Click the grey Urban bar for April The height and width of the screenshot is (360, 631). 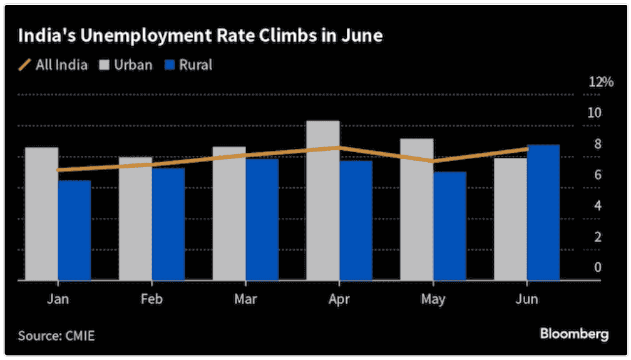tap(323, 200)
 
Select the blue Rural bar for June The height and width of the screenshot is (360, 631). tap(543, 213)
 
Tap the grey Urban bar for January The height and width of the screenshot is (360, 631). tap(41, 214)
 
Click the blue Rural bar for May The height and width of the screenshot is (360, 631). tap(450, 226)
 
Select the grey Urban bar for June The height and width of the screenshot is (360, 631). tap(510, 219)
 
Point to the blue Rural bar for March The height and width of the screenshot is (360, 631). tap(262, 219)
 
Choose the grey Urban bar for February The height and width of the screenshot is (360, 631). tap(135, 219)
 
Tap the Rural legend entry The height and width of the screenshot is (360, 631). tap(188, 64)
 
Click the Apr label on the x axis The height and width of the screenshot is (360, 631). tap(339, 299)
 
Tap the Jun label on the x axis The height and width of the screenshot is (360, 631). tap(527, 299)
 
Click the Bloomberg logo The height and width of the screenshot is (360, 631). tap(573, 334)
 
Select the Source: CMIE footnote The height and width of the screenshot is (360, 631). tap(56, 336)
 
